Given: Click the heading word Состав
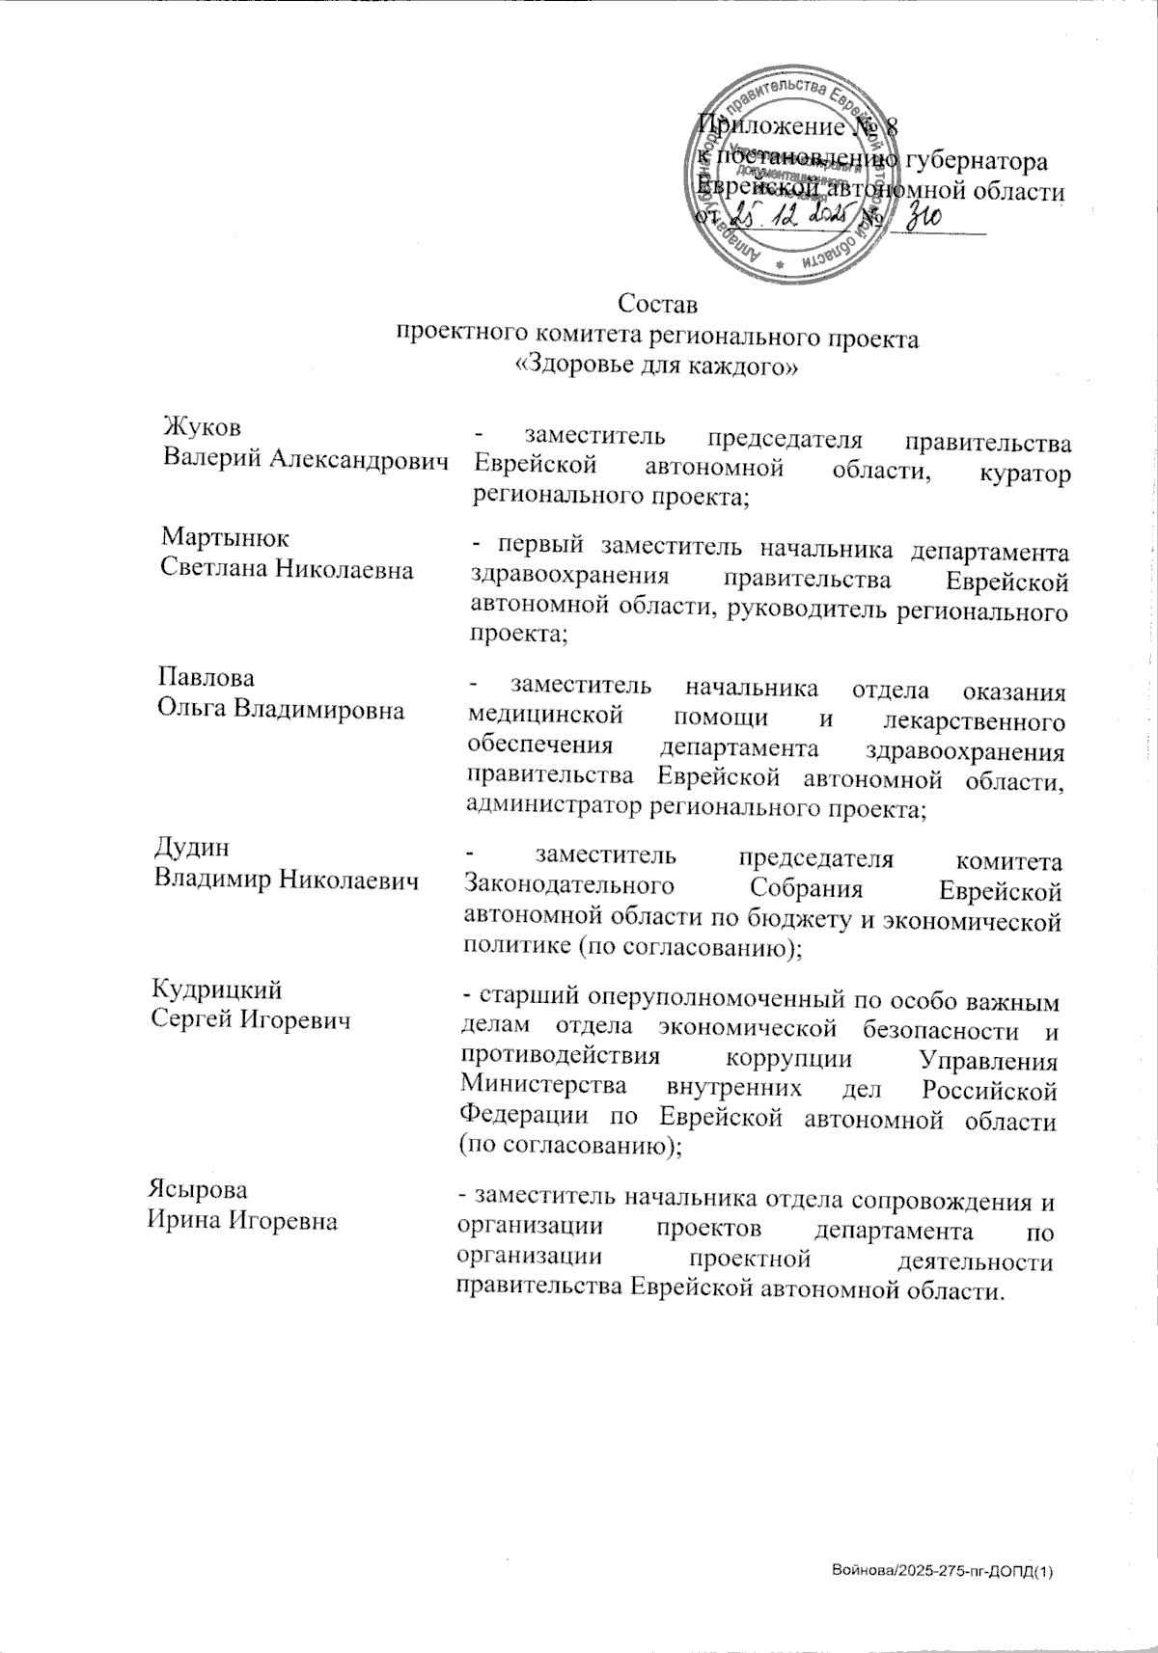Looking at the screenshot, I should [x=656, y=305].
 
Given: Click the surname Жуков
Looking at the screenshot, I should [x=202, y=428].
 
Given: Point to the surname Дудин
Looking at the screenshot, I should [x=192, y=847].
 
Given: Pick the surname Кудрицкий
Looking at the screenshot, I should [x=218, y=989].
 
